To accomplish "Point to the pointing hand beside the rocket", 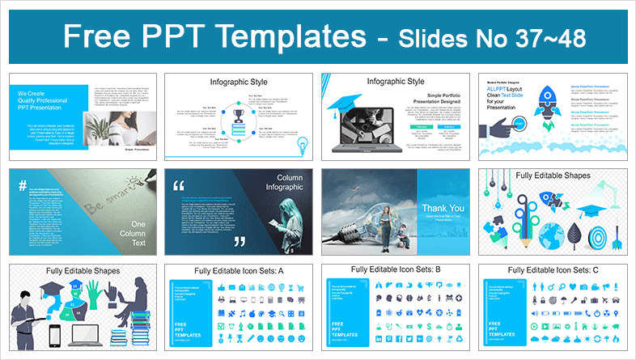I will (503, 127).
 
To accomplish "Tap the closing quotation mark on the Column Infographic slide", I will (238, 241).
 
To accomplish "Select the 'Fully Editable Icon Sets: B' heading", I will (393, 269).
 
